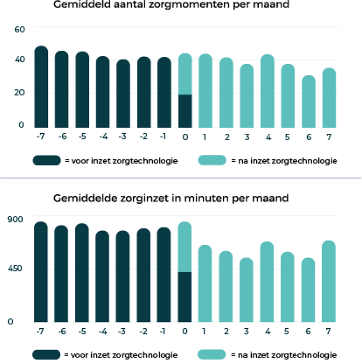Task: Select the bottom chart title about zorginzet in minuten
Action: point(171,198)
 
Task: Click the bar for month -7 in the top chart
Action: point(41,88)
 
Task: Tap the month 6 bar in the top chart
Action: point(308,103)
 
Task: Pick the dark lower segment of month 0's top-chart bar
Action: point(185,111)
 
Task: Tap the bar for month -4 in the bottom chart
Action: point(103,277)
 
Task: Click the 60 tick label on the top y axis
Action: point(20,29)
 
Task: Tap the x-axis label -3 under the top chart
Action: point(123,137)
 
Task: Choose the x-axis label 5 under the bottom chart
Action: point(288,331)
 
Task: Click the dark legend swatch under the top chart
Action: point(47,161)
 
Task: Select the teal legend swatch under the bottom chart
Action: point(212,354)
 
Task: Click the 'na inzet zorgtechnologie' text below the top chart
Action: point(284,161)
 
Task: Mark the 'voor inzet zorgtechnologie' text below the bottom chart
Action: point(121,354)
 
